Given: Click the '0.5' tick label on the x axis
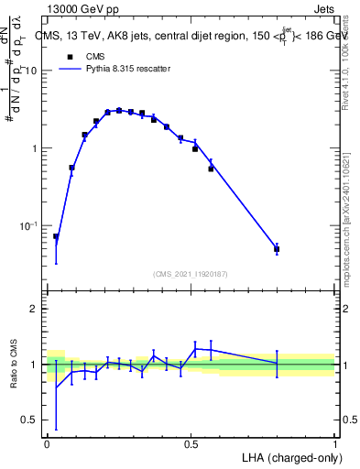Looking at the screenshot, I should point(191,442).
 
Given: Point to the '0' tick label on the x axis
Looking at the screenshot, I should point(47,442).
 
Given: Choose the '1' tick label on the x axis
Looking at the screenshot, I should point(335,442).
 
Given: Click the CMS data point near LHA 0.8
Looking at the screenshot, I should point(277,248).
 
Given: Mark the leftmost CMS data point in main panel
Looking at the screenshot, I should point(56,236).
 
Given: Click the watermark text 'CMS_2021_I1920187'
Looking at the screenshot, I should point(191,273).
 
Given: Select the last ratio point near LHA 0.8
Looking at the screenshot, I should point(277,363).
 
